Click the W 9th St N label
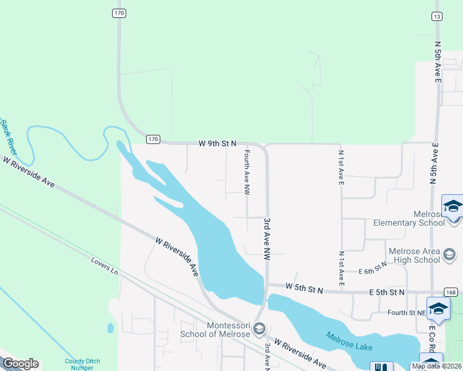217,143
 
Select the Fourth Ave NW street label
246,173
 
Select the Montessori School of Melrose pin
259,328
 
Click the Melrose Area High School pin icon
450,254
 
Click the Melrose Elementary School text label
409,223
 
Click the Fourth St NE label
406,313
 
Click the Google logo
20,364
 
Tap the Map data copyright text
436,366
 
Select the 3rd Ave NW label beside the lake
267,238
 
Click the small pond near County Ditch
110,328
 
